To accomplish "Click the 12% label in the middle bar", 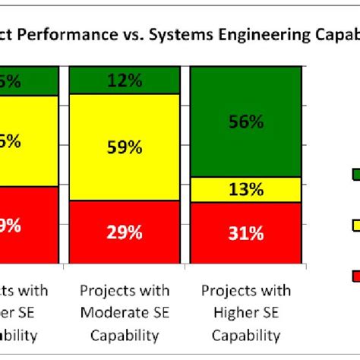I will point(125,80).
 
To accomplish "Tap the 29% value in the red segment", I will point(125,233).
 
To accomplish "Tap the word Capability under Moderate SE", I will point(125,335).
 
